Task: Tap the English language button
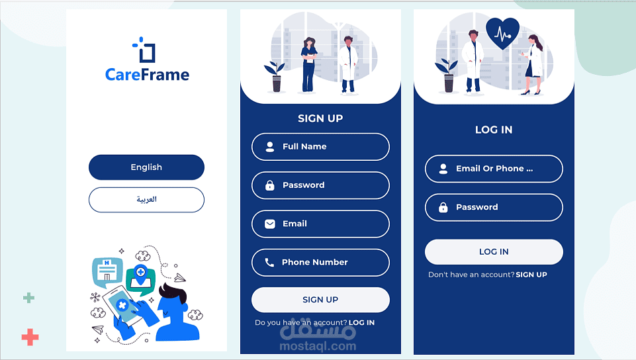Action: pos(146,167)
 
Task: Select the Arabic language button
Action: pos(146,199)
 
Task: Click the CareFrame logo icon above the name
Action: pos(144,50)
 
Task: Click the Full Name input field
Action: pos(320,147)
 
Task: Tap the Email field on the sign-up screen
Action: pos(320,224)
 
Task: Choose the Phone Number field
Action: pos(320,262)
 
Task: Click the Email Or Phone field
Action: pos(494,169)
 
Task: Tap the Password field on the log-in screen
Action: pos(494,207)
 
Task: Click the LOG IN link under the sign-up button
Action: pos(361,323)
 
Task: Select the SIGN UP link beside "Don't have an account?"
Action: pos(531,275)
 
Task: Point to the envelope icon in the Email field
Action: pos(270,224)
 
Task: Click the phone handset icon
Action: pos(269,263)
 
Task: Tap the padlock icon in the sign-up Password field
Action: pos(270,186)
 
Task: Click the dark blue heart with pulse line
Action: pos(502,33)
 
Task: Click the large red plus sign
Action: pos(30,337)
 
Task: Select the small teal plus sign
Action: pos(28,298)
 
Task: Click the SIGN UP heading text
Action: pos(320,118)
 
